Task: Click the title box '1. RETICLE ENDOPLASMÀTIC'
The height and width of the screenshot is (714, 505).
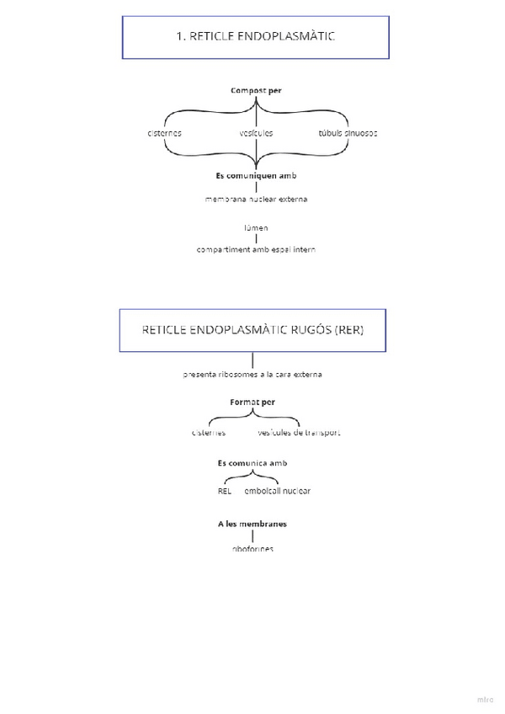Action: tap(256, 37)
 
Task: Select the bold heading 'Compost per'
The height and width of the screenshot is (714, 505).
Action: tap(256, 90)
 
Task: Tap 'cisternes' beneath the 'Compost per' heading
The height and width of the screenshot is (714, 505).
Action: tap(164, 133)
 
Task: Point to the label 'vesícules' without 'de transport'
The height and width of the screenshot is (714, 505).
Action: tap(256, 133)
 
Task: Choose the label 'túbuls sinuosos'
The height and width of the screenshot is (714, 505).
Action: tap(348, 133)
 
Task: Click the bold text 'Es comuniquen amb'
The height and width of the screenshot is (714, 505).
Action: tap(256, 176)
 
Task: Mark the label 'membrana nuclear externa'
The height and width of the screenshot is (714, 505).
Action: tap(256, 200)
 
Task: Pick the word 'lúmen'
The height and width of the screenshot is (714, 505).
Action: tap(256, 227)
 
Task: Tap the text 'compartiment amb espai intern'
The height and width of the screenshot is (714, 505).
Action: tap(256, 249)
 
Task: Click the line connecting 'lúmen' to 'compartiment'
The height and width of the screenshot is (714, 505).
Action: tap(256, 238)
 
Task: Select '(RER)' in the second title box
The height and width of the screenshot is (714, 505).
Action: tap(349, 329)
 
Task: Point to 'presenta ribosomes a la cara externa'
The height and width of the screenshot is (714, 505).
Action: tap(252, 374)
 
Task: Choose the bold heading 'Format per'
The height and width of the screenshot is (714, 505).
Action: tap(252, 402)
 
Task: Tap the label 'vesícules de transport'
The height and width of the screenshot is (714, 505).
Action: tap(299, 433)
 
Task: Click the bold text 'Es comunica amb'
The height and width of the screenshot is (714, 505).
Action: tap(252, 463)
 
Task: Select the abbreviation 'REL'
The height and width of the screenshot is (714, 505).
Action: tap(224, 491)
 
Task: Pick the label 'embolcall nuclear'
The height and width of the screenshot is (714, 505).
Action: tap(277, 491)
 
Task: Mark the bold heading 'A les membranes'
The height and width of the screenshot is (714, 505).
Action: tap(252, 524)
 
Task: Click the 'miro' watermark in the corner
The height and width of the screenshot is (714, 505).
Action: tap(485, 700)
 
